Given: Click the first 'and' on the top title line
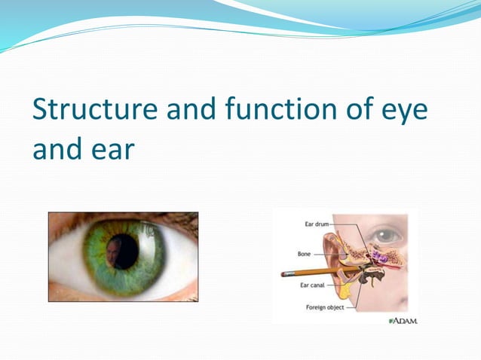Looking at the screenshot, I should [191, 111].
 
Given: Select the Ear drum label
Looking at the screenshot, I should [317, 224].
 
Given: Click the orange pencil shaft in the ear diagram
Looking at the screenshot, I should [317, 270].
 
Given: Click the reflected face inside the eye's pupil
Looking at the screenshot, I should [113, 253].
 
